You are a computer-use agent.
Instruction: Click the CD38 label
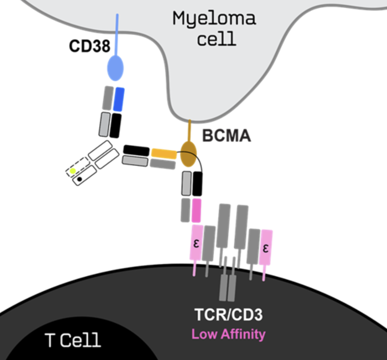click(89, 46)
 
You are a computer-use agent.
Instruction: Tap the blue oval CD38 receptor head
click(115, 68)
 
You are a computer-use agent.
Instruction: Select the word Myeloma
click(214, 19)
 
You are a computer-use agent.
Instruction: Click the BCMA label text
click(226, 137)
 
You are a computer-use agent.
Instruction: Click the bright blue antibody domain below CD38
click(119, 99)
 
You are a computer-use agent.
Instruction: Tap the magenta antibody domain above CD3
click(196, 210)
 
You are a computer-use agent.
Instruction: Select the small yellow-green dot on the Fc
click(73, 171)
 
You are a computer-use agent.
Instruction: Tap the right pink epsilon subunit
click(266, 247)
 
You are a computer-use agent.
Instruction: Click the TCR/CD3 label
click(229, 315)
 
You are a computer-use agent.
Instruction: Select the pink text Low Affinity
click(229, 334)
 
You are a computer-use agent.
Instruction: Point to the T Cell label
click(73, 340)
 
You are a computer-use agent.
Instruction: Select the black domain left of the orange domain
click(136, 150)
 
